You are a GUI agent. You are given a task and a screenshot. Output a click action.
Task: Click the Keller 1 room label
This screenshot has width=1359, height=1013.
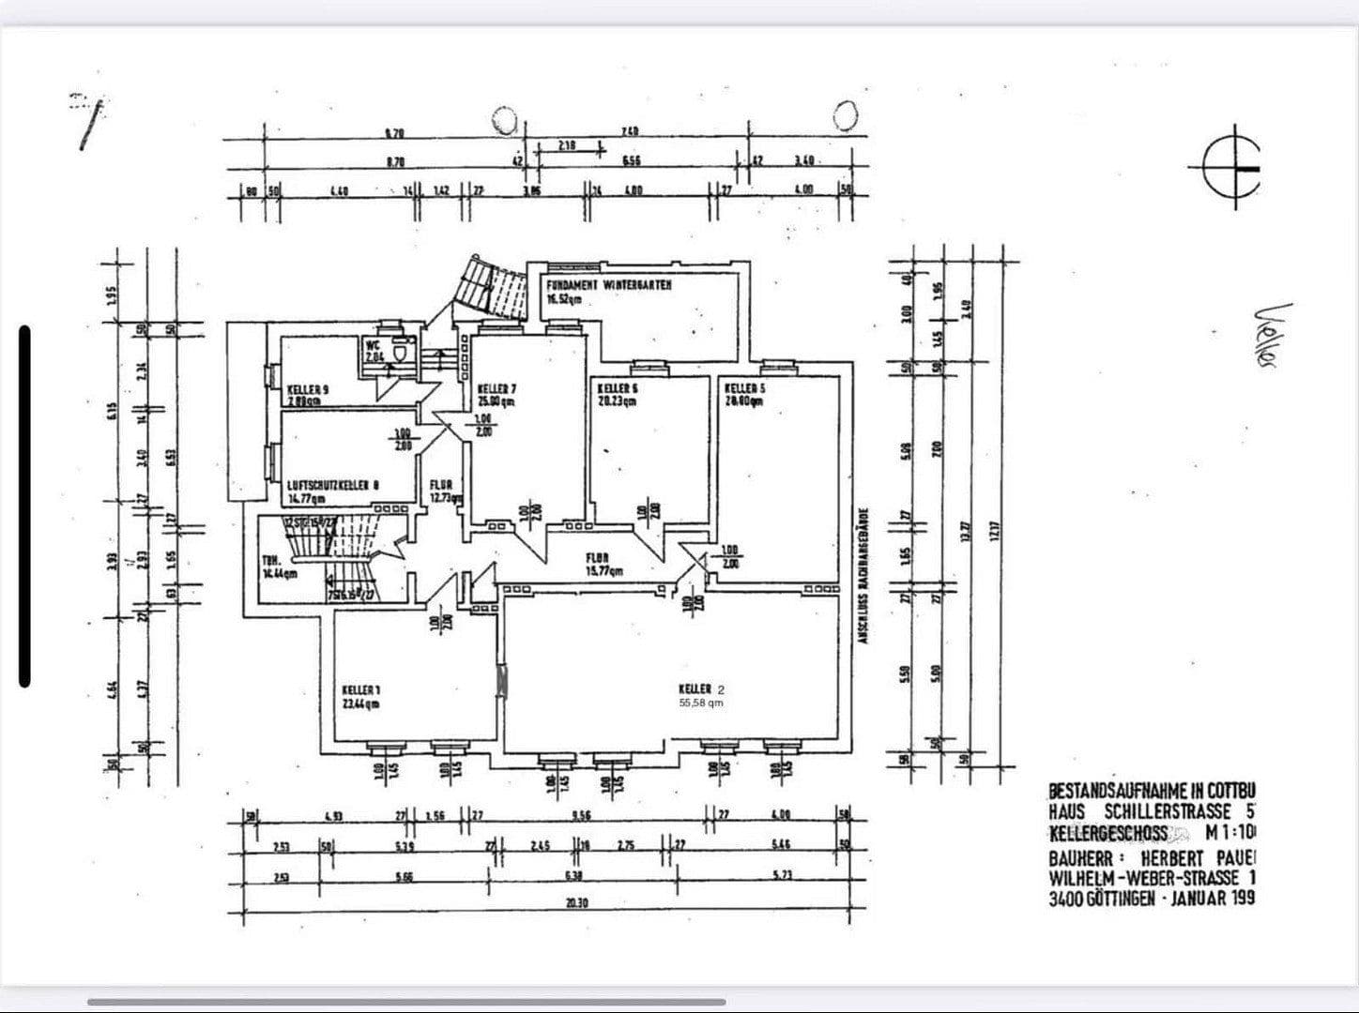click(x=361, y=697)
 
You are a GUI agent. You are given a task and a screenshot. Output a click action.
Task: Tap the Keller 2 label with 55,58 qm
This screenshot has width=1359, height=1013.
click(x=699, y=695)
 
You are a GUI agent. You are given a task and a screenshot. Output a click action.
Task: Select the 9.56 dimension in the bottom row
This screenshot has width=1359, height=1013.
click(x=581, y=815)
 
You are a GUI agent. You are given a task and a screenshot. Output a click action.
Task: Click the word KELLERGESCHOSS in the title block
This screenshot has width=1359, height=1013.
click(x=1108, y=833)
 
